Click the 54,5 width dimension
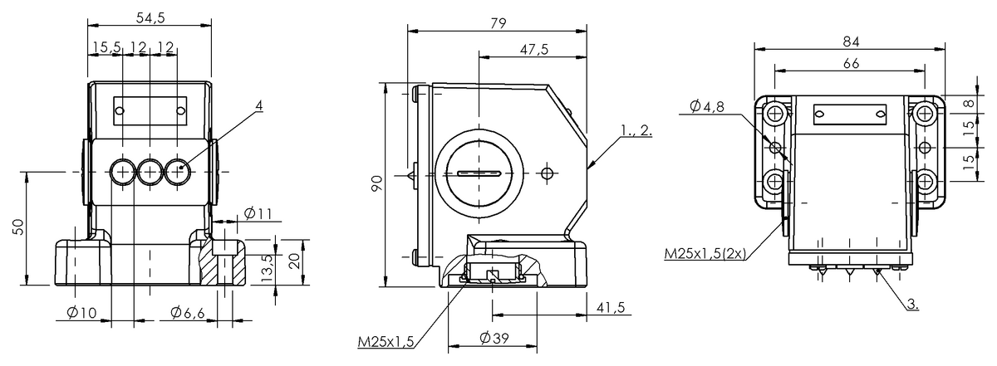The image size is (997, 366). coord(150,16)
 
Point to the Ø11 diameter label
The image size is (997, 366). coord(258,214)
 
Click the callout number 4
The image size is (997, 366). coord(258,106)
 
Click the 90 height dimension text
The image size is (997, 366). coord(377,183)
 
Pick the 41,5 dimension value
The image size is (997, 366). coord(610,308)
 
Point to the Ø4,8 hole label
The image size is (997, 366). coord(707,105)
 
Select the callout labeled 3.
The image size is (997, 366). coord(911,305)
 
